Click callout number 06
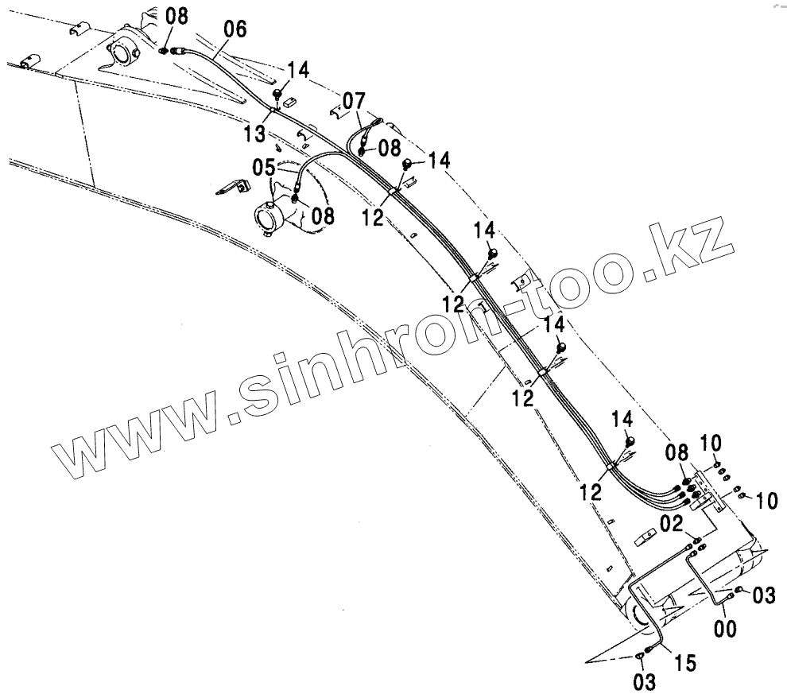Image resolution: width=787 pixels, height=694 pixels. (235, 29)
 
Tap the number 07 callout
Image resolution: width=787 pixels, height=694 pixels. (355, 102)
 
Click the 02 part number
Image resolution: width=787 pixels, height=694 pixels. (672, 523)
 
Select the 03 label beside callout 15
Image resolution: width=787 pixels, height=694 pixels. (644, 680)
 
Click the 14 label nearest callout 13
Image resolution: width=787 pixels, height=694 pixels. (297, 70)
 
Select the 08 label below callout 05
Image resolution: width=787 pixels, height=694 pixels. (323, 215)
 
